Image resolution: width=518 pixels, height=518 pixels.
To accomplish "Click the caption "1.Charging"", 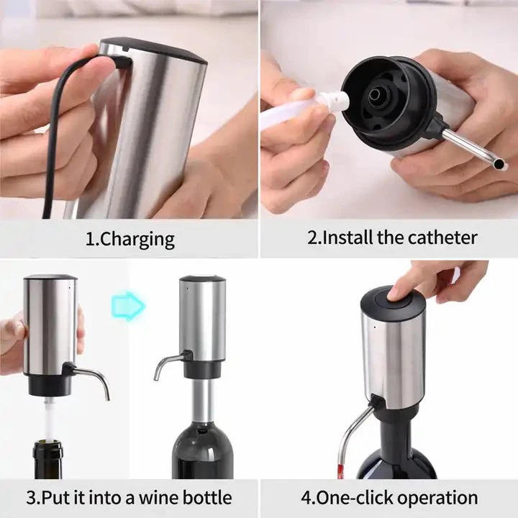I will click(x=129, y=239).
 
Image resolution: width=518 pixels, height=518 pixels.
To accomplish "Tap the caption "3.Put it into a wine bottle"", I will click(x=129, y=497).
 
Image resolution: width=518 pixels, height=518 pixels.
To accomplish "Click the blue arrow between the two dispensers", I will click(x=127, y=307).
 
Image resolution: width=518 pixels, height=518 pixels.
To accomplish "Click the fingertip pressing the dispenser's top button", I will click(x=400, y=291).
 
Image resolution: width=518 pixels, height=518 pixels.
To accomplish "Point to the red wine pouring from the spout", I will click(x=340, y=471).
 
